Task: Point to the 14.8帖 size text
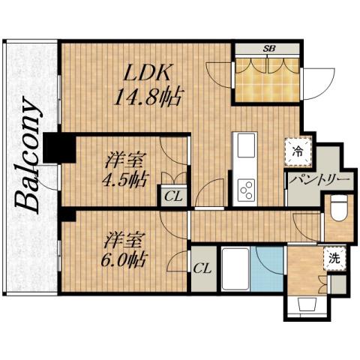(x=148, y=97)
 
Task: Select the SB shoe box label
(x=269, y=49)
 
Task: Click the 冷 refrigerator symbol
(x=298, y=151)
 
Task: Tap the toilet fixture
(x=339, y=208)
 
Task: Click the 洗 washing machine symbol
(x=334, y=259)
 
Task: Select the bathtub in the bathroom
(x=235, y=269)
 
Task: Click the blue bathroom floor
(x=267, y=269)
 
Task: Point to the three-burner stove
(x=246, y=190)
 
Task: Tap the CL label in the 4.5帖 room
(x=173, y=197)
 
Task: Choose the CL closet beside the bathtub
(x=203, y=269)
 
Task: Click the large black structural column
(x=59, y=148)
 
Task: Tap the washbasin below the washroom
(x=307, y=305)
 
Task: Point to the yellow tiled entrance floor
(x=268, y=80)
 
